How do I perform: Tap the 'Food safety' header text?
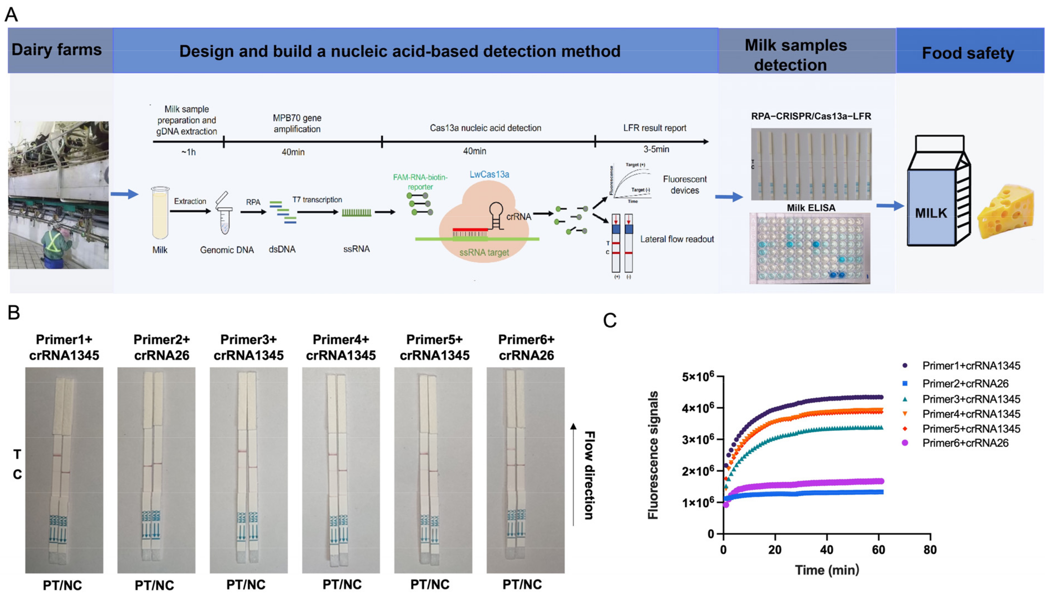(x=967, y=53)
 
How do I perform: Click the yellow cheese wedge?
(x=1004, y=212)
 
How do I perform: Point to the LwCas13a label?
(x=489, y=174)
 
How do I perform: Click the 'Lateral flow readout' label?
(x=677, y=239)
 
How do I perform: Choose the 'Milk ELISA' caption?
(x=810, y=208)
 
